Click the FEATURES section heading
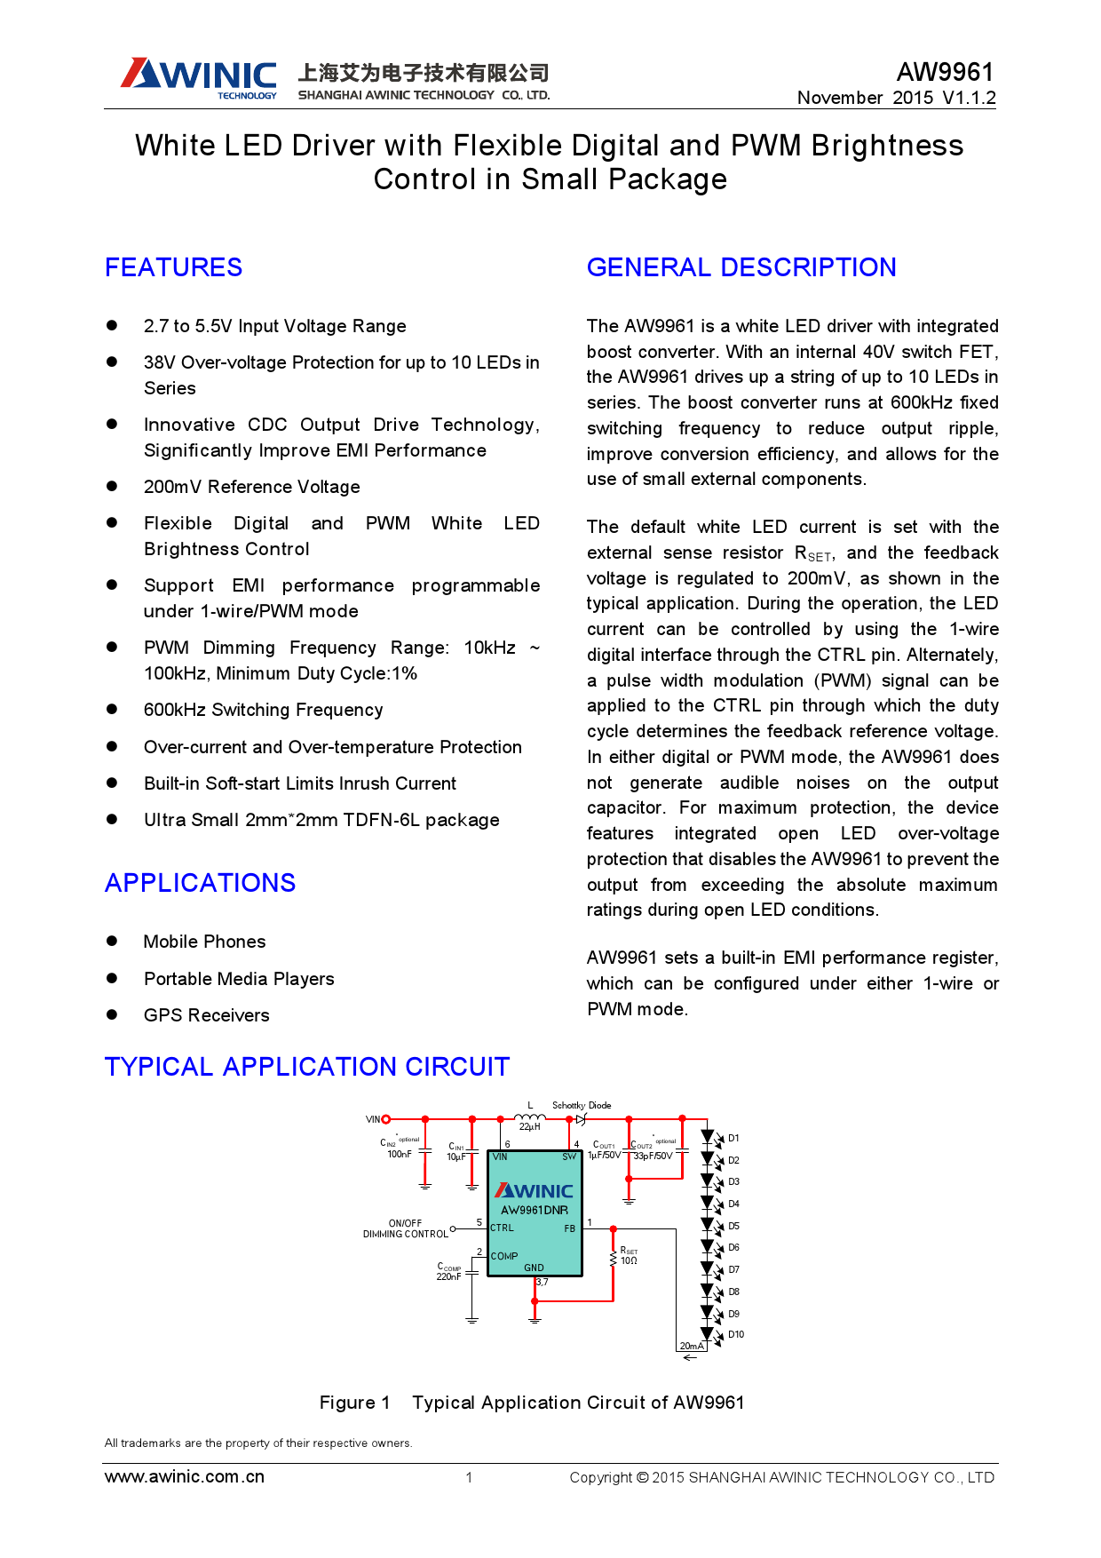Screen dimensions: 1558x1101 point(173,267)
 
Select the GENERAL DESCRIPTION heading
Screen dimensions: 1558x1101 point(741,267)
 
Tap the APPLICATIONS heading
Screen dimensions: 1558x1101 point(200,883)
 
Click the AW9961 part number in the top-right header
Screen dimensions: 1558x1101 point(945,72)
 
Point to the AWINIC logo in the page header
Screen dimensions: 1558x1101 point(200,77)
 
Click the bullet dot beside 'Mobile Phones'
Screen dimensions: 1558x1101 point(112,941)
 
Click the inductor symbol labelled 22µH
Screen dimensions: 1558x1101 point(530,1117)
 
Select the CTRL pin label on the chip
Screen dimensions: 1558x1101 point(502,1228)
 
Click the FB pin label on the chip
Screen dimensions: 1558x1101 point(569,1228)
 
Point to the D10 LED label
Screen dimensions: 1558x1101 point(736,1334)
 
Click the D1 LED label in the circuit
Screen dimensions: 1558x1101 point(733,1138)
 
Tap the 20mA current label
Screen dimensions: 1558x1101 point(691,1346)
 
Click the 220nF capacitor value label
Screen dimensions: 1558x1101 point(448,1276)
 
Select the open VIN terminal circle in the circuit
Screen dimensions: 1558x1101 point(385,1119)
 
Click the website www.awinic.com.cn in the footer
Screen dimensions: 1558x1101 point(185,1476)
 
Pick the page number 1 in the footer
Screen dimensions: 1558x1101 point(469,1477)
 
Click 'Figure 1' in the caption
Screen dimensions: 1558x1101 point(354,1402)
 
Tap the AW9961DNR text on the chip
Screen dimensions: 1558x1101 point(535,1210)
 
